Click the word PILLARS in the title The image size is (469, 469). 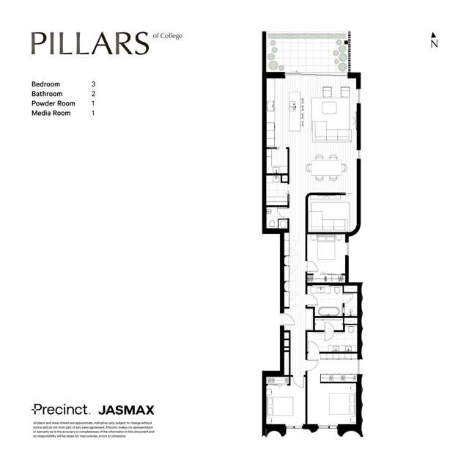89,43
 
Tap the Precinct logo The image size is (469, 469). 60,410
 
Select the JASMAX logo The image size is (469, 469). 126,410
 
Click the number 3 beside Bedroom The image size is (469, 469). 93,84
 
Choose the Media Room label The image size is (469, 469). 51,113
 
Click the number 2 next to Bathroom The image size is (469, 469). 93,94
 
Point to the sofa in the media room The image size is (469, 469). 328,217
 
